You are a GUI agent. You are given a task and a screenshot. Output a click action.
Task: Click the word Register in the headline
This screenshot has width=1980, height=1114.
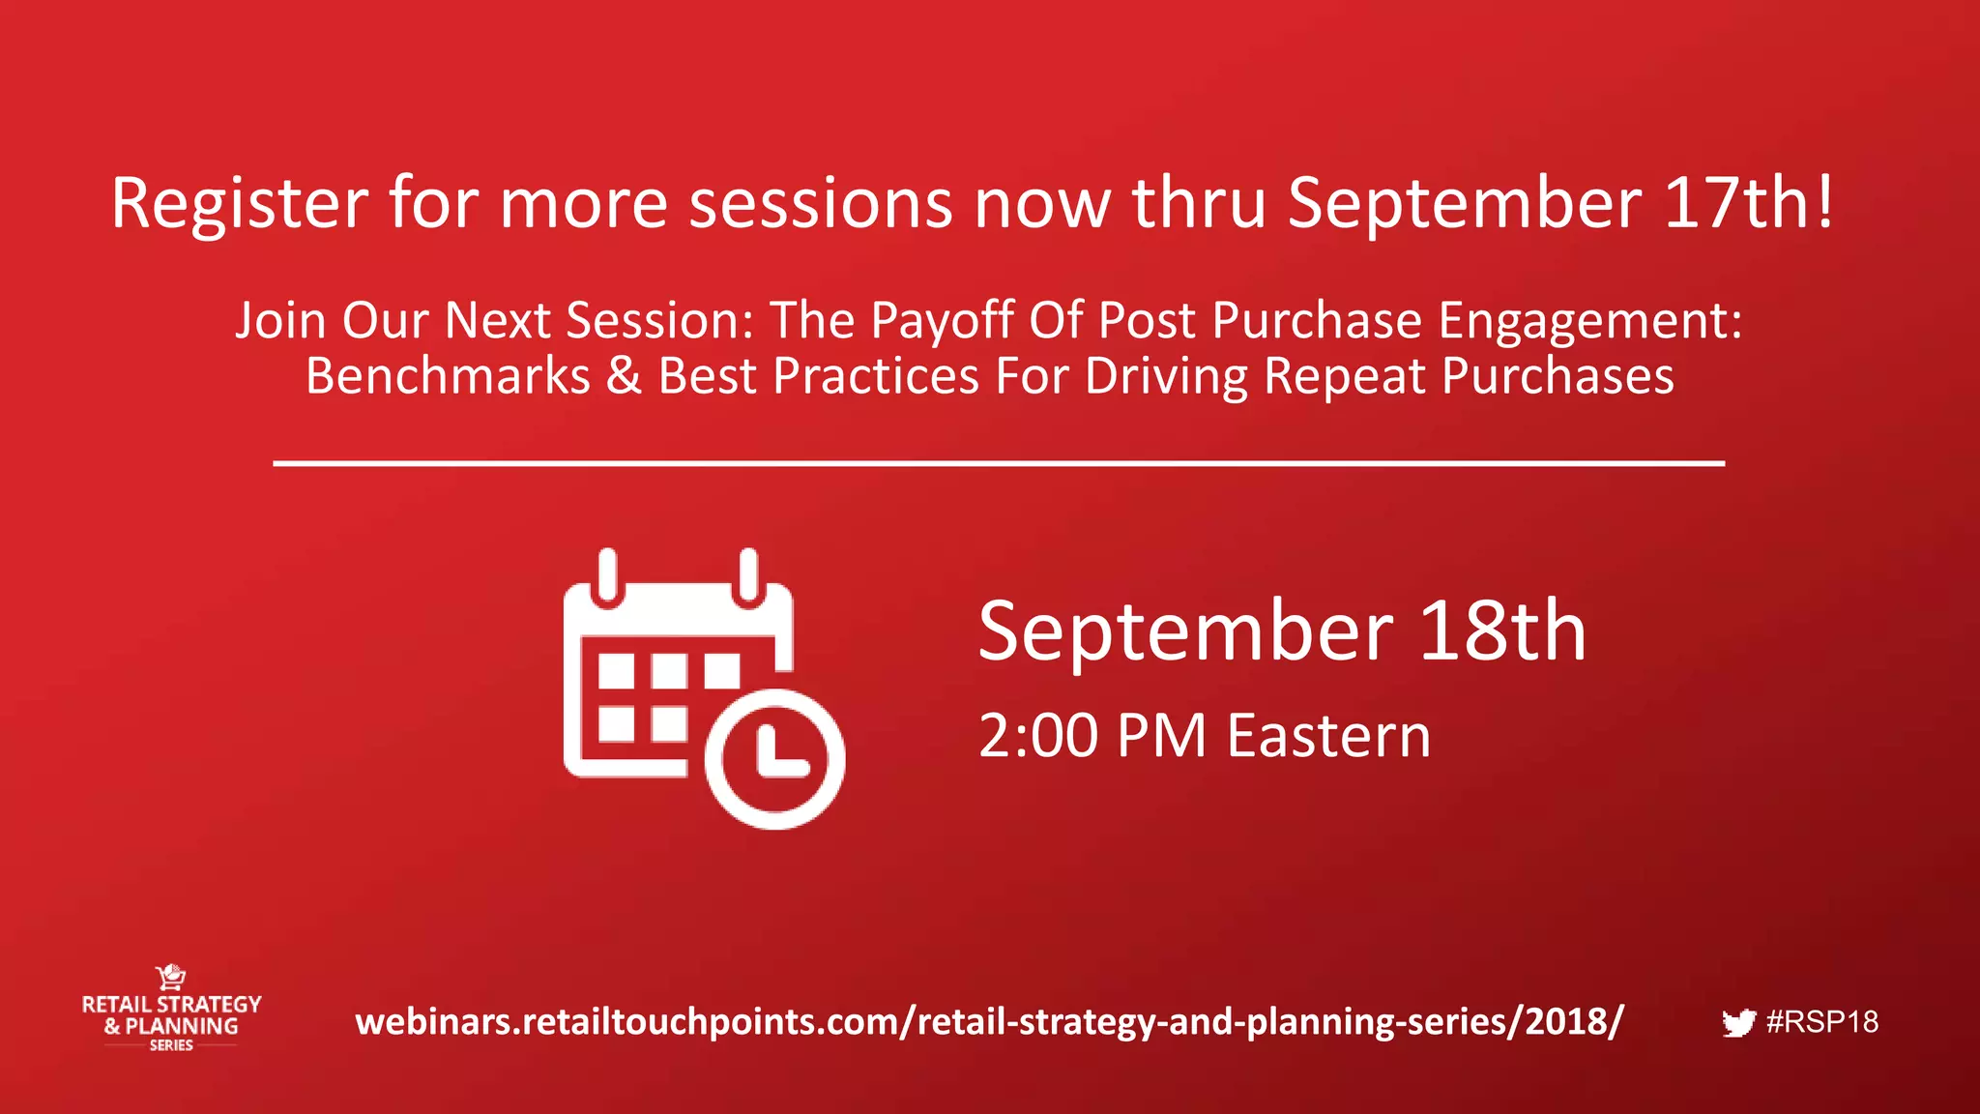pyautogui.click(x=239, y=205)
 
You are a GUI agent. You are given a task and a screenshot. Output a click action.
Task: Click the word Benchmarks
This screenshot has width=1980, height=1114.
pyautogui.click(x=448, y=376)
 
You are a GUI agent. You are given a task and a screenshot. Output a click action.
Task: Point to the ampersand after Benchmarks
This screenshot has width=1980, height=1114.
pyautogui.click(x=625, y=376)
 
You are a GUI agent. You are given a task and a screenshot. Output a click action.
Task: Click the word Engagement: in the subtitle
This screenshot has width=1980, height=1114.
pyautogui.click(x=1589, y=323)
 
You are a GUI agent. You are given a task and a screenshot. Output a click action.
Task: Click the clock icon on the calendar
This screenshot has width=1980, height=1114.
pyautogui.click(x=775, y=759)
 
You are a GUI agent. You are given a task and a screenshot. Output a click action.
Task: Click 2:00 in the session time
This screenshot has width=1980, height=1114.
pyautogui.click(x=1038, y=737)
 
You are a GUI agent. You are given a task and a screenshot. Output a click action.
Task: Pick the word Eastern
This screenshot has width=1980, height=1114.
pyautogui.click(x=1328, y=737)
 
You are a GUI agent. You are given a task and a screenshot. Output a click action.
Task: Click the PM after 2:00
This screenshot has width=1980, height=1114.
pyautogui.click(x=1161, y=737)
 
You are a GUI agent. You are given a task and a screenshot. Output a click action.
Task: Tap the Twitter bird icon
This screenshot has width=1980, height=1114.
pyautogui.click(x=1738, y=1023)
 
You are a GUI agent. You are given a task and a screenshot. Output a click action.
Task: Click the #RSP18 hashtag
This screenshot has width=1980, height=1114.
pyautogui.click(x=1822, y=1022)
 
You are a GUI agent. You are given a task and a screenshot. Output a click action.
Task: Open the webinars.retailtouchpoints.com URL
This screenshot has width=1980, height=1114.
pyautogui.click(x=989, y=1022)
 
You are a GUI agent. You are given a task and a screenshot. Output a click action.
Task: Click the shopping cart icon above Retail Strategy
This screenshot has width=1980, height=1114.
pyautogui.click(x=171, y=977)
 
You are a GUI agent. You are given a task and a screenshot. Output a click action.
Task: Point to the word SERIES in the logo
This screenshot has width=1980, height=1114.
pyautogui.click(x=171, y=1045)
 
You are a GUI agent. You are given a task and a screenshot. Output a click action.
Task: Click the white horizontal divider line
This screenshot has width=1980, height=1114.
pyautogui.click(x=999, y=464)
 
